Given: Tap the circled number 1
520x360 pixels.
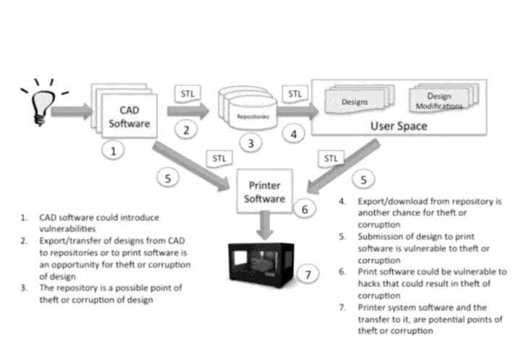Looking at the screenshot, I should tap(113, 150).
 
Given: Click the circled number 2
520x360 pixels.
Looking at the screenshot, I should tap(186, 130).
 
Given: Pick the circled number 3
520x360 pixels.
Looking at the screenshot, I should tap(251, 143).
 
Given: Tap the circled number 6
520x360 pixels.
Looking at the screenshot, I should tap(305, 210).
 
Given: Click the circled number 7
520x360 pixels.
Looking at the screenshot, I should tap(309, 275).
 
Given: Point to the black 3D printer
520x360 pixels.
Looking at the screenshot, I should tap(260, 265).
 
